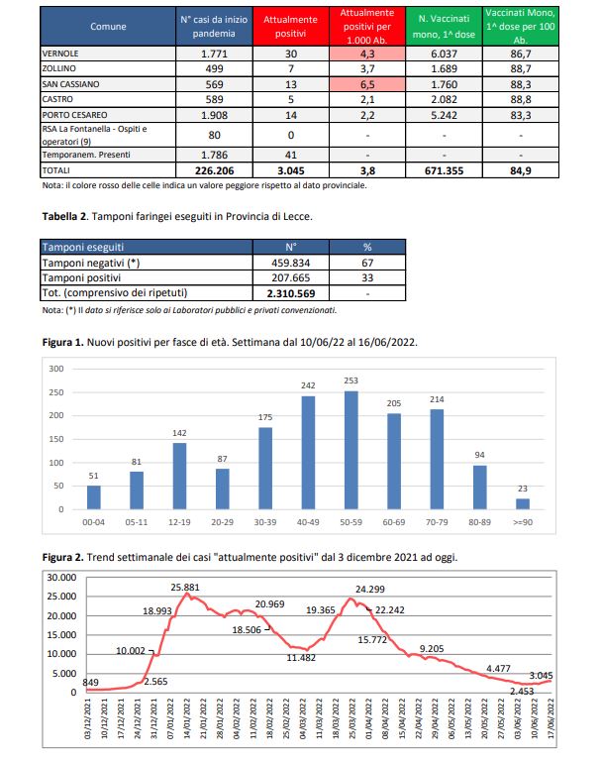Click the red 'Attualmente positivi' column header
290,25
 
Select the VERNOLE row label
60,54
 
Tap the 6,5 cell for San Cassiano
365,85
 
